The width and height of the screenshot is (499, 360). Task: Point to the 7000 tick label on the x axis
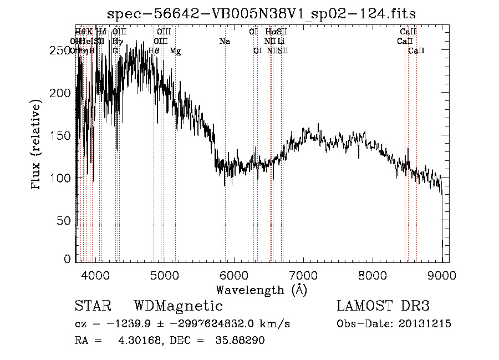303,276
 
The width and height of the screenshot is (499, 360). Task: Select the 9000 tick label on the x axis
442,276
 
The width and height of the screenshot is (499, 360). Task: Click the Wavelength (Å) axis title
261,290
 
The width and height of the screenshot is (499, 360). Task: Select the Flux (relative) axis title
37,145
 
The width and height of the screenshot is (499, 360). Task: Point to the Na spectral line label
225,42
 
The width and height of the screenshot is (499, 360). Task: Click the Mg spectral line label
175,51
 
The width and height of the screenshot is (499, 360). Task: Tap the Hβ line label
154,51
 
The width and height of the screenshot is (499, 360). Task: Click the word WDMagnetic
179,306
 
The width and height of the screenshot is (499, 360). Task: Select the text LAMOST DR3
383,306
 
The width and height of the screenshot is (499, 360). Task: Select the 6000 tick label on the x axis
233,276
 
